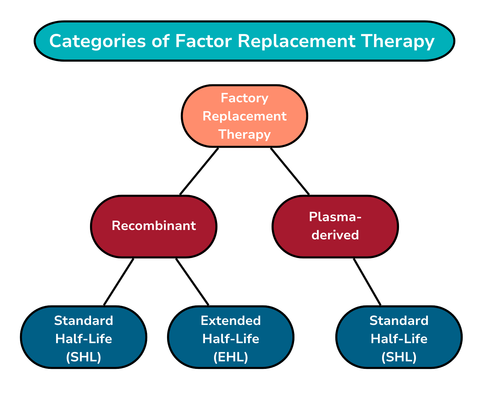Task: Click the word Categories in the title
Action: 97,41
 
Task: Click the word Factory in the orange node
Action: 244,98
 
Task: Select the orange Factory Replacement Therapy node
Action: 244,116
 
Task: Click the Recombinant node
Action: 154,226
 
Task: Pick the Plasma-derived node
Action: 335,226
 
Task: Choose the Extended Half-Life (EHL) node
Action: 231,337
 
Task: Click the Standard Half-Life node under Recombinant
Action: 83,337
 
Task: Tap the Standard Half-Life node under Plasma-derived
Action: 399,337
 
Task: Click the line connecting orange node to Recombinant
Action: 199,171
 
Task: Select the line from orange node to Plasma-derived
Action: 290,171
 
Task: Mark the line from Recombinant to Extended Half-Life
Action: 192,282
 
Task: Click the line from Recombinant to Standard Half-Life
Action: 119,282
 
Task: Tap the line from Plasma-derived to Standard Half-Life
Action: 367,282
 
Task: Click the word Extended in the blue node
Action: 231,321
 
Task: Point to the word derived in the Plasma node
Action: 335,235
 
